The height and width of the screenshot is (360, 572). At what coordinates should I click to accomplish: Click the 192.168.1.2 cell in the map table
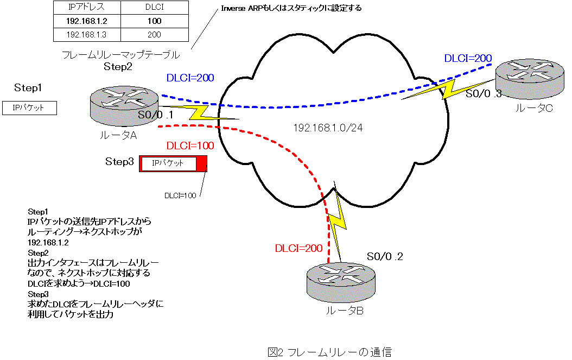tap(86, 22)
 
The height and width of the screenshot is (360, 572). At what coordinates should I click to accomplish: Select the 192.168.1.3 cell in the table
tap(86, 35)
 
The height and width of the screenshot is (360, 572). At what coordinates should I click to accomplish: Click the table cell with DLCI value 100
tap(154, 22)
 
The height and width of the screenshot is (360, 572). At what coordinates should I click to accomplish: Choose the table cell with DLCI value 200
tap(154, 35)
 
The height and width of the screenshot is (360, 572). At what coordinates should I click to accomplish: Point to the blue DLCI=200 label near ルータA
tap(190, 78)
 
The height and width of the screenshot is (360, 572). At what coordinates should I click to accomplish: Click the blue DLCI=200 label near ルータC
tap(468, 58)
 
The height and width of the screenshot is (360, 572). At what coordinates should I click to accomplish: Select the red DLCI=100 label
tap(190, 146)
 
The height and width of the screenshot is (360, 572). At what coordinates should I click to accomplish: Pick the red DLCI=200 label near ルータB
tap(298, 249)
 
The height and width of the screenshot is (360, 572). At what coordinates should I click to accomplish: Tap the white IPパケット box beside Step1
tap(30, 108)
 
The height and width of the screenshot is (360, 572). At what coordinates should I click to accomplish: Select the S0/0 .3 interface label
tap(484, 94)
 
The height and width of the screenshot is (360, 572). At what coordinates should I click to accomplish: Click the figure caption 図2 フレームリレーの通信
tap(329, 352)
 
